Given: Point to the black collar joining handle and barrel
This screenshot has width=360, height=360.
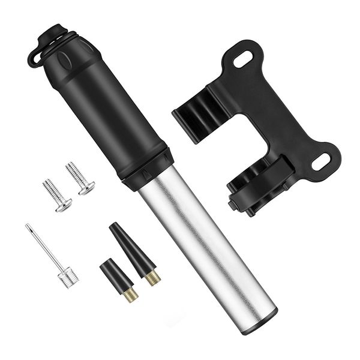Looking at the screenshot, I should click(148, 168).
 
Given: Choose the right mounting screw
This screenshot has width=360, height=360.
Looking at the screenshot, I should click(79, 179).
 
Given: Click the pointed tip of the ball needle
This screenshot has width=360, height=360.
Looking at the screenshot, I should click(28, 226).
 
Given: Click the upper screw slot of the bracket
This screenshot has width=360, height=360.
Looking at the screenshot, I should click(243, 60).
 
